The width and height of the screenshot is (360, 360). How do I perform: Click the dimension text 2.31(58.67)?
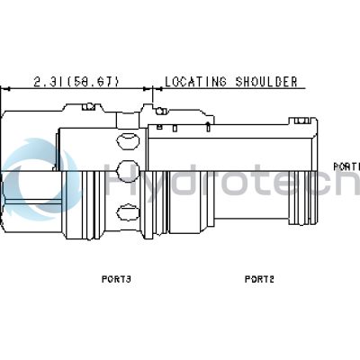pyautogui.click(x=76, y=82)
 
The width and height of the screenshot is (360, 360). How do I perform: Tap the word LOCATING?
pyautogui.click(x=195, y=82)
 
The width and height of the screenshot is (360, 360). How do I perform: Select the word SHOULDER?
pyautogui.click(x=266, y=82)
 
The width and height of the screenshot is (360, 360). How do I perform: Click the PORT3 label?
pyautogui.click(x=116, y=279)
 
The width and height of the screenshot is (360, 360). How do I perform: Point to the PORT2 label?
pyautogui.click(x=259, y=279)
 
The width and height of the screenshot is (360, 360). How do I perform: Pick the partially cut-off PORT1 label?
pyautogui.click(x=346, y=166)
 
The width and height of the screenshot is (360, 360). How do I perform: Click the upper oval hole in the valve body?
pyautogui.click(x=128, y=140)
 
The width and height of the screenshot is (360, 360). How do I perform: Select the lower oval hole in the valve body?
pyautogui.click(x=128, y=212)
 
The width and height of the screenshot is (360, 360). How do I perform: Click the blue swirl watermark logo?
pyautogui.click(x=40, y=179)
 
